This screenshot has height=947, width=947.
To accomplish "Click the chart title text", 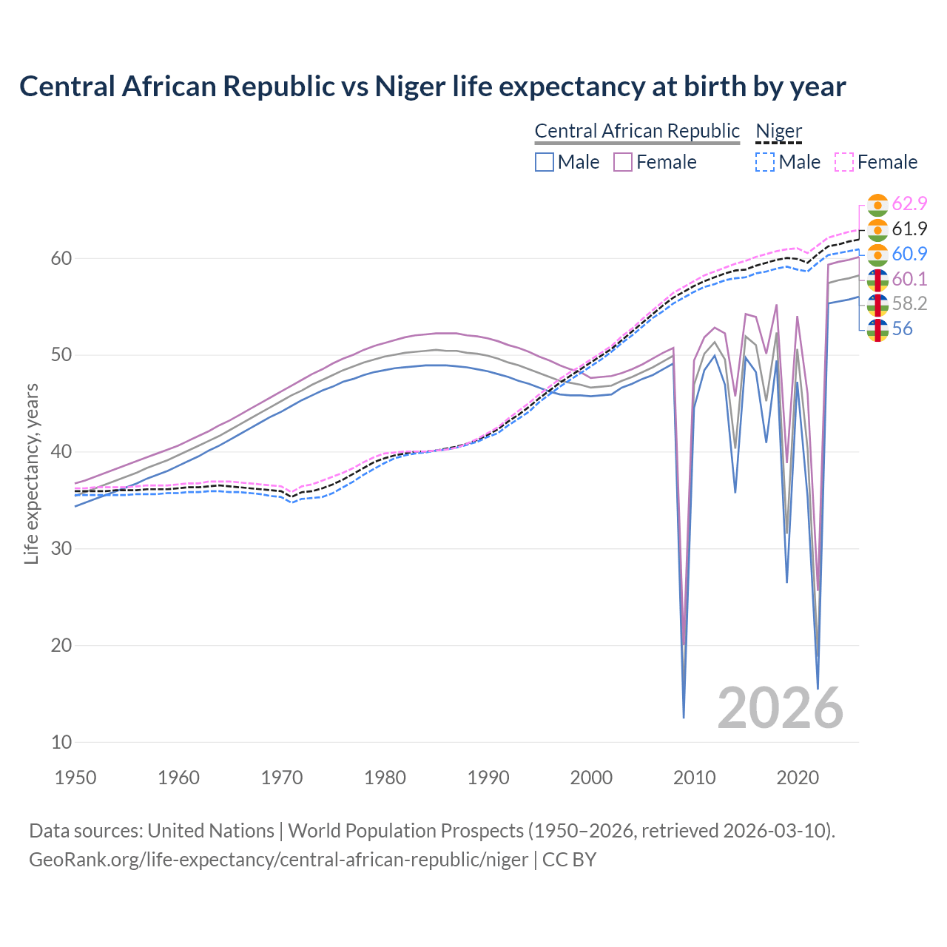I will point(432,87).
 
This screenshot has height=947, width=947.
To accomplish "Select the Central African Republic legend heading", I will point(636,131).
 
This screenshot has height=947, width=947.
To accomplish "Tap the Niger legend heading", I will point(778,131).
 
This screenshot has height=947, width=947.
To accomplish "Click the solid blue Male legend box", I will point(545,162).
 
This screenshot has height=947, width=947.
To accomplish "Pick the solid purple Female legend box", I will point(623,162).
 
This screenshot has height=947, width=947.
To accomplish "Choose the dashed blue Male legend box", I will point(765,162).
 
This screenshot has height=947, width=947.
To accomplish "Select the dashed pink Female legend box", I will point(844,162).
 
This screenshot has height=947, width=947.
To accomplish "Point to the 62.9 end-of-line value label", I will point(909,203).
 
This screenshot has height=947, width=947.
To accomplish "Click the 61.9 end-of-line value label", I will point(909,229).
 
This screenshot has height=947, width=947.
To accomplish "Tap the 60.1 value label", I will point(909,279).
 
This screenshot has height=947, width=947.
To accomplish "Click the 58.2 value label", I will point(909,304).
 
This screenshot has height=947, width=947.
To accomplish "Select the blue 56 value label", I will point(902,329).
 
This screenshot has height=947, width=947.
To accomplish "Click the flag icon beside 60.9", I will point(877,254).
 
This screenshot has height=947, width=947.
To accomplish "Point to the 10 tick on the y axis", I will point(61,742).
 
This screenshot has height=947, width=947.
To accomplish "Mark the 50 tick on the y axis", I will point(61,355).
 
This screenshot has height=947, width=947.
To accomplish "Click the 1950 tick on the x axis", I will point(75,778).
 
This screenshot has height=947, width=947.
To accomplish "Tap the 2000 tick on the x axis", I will point(591,778).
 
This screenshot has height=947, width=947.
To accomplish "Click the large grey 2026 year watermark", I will point(780,708).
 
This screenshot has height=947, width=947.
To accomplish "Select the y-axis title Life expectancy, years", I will point(32,473).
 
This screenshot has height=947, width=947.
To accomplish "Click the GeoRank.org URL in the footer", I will point(278,860).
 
